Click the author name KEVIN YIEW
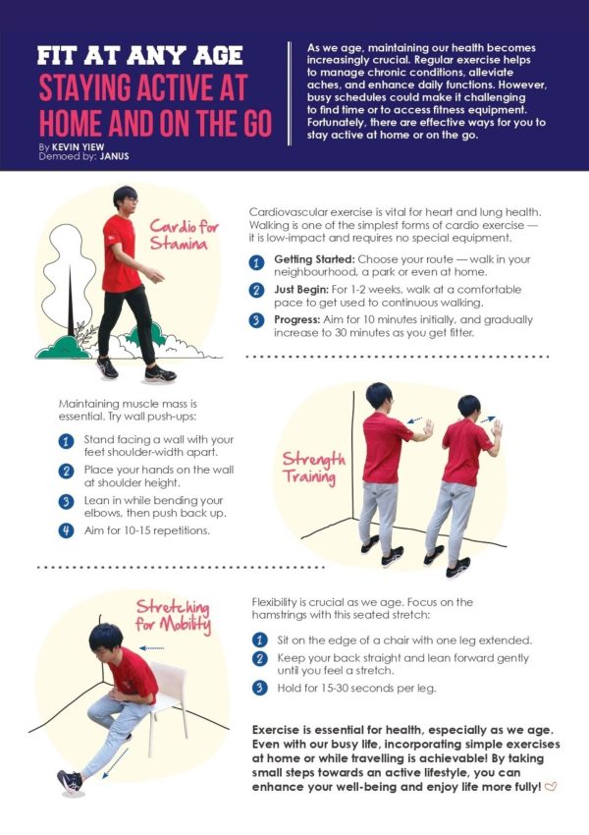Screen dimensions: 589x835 [x=79, y=147]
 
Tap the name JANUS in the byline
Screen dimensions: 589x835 [x=115, y=156]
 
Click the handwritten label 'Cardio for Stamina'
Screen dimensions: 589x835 [x=184, y=235]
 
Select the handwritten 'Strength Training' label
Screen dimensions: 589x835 [x=313, y=468]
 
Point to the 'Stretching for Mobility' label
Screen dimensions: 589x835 [x=173, y=616]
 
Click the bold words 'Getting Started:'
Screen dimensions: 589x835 [x=314, y=259]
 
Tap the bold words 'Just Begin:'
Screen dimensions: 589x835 [x=301, y=290]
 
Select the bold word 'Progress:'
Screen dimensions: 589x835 [x=296, y=320]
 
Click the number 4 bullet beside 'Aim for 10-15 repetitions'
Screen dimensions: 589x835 [x=66, y=530]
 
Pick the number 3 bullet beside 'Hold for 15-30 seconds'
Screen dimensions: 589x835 [x=259, y=688]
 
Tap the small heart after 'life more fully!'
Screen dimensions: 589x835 [x=551, y=787]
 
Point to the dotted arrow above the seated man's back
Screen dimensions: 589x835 [x=151, y=648]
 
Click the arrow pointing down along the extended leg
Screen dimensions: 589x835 [x=115, y=763]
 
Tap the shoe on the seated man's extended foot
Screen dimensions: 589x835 [x=71, y=781]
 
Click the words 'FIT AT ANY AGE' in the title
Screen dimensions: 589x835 [x=140, y=56]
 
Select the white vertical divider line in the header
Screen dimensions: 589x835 [x=290, y=93]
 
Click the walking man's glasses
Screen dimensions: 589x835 [x=131, y=200]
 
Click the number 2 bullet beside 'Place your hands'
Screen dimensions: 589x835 [x=66, y=472]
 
